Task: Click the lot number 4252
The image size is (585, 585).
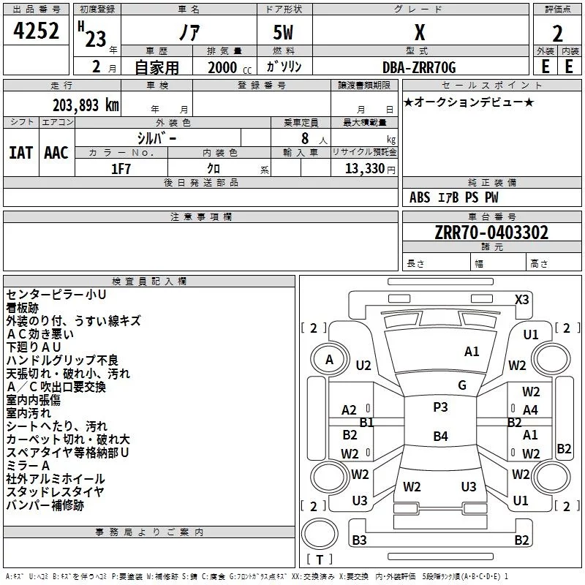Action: [36, 31]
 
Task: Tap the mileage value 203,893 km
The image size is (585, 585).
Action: [86, 105]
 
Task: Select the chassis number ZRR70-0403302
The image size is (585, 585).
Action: [491, 233]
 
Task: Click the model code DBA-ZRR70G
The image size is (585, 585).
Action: [419, 67]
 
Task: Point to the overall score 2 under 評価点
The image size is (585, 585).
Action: [557, 34]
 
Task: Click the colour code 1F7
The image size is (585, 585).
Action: [121, 169]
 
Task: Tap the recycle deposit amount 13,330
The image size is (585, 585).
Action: [364, 168]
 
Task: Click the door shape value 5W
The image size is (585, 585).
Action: [283, 32]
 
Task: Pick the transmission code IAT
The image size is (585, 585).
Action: [21, 153]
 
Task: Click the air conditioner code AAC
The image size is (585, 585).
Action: [56, 153]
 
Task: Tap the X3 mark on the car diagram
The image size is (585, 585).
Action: [521, 300]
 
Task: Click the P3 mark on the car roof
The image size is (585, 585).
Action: [440, 407]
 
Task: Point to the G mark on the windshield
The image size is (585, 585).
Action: [462, 385]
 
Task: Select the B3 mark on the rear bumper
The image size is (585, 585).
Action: [359, 540]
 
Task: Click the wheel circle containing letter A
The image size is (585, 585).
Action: [330, 360]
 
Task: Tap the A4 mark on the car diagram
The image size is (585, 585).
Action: [530, 410]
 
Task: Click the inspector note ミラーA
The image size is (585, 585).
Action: [28, 466]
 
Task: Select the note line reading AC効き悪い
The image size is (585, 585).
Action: [40, 334]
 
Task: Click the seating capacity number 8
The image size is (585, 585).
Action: [305, 138]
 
